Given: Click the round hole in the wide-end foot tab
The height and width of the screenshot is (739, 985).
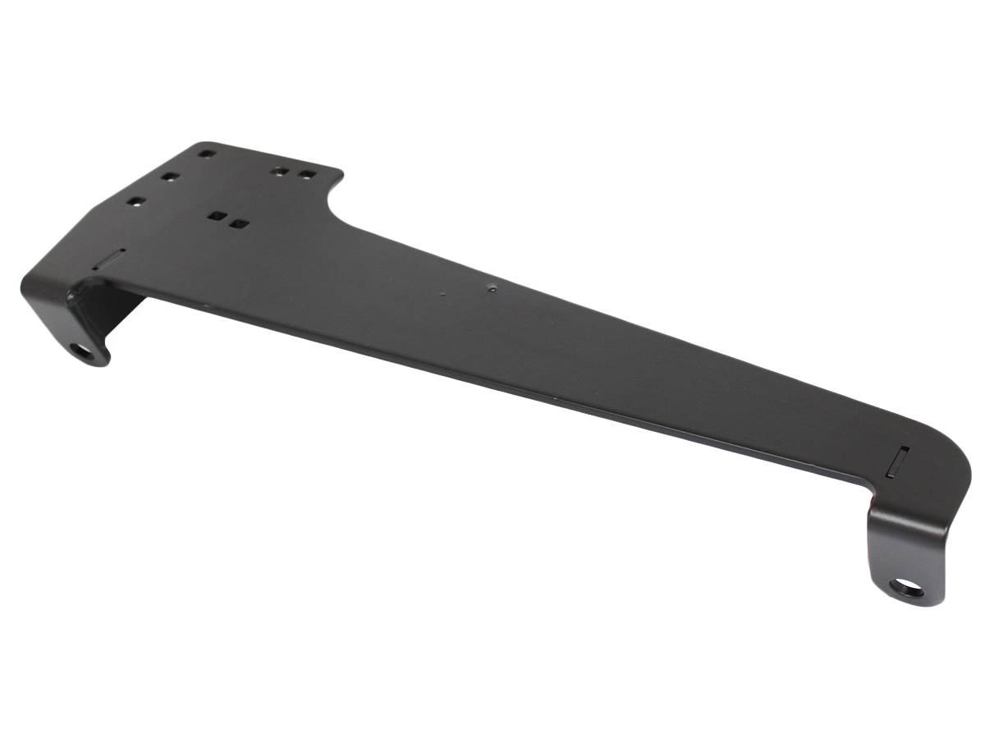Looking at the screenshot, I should click(82, 351).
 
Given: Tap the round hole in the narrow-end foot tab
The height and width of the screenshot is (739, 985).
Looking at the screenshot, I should click(906, 588).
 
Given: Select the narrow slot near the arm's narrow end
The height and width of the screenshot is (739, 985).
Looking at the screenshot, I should click(897, 461).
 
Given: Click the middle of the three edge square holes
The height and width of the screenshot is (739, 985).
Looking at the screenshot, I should click(169, 177).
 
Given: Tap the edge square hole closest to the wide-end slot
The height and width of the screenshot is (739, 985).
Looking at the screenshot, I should click(135, 200).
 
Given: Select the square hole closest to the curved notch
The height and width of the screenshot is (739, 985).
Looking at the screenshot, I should click(307, 175).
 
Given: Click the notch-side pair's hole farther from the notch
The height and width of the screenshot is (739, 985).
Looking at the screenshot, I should click(281, 172).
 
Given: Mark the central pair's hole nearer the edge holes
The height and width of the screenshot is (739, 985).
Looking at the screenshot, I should click(217, 217).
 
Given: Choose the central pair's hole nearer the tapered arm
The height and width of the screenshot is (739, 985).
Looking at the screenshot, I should click(239, 223).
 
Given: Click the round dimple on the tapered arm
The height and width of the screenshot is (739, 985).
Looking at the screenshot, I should click(491, 288).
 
